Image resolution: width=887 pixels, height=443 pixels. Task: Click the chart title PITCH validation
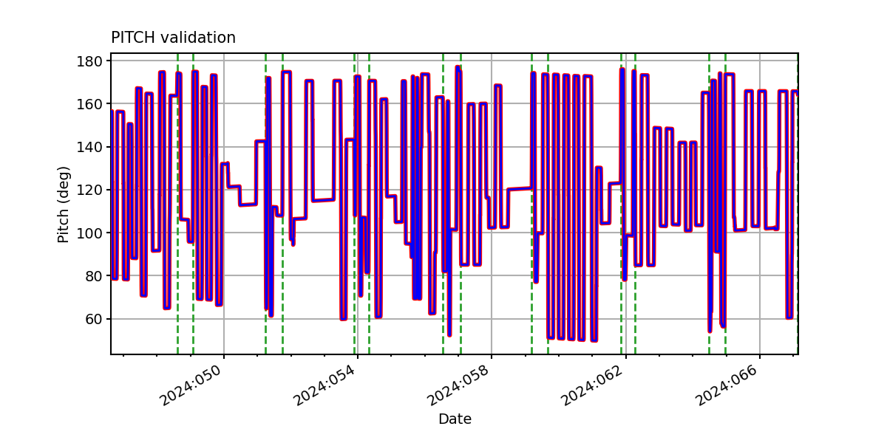[173, 38]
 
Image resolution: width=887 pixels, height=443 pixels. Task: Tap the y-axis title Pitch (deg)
[63, 205]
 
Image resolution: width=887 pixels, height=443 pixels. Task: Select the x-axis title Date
[455, 419]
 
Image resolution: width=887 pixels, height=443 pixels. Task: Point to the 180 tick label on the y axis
[89, 61]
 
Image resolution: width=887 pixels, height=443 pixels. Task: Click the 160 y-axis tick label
[89, 104]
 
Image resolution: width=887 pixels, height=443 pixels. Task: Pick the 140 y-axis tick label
[89, 147]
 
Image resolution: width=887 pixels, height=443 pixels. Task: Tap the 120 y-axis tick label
[89, 190]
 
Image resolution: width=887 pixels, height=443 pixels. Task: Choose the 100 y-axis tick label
[89, 233]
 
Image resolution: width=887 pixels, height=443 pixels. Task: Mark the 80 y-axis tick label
[94, 276]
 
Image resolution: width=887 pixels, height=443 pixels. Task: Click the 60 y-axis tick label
[94, 319]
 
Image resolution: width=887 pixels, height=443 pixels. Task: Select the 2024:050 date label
[190, 385]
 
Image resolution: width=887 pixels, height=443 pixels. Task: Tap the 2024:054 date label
[324, 385]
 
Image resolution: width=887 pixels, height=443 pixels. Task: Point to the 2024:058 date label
[458, 385]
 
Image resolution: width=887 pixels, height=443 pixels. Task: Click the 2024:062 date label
[592, 385]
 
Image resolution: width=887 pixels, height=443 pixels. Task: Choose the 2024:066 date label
[726, 385]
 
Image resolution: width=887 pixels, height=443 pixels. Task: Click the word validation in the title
[198, 38]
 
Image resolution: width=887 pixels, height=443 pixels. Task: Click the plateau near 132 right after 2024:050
[225, 164]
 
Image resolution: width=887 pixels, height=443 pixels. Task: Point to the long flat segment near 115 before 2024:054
[323, 200]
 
